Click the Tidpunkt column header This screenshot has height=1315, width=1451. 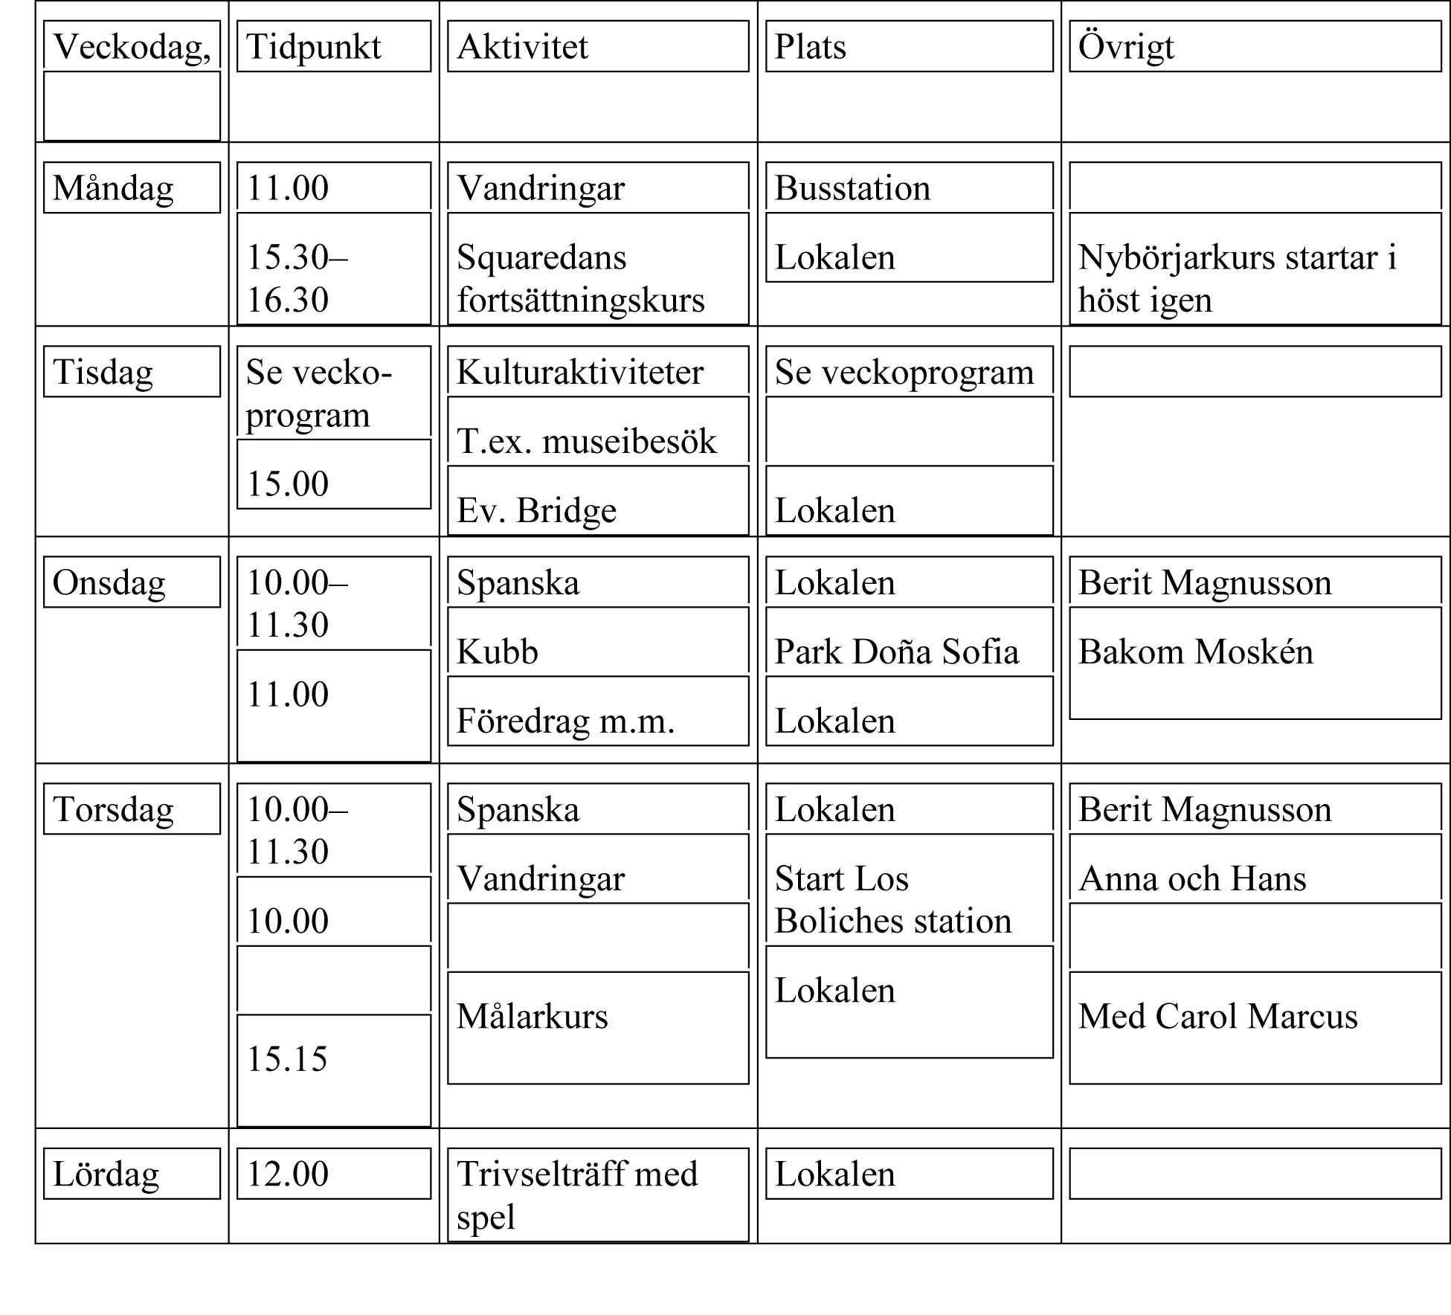[x=313, y=47]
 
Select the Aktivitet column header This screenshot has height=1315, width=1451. [x=522, y=47]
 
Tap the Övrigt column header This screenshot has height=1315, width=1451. [x=1125, y=47]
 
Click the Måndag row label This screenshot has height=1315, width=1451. [x=113, y=188]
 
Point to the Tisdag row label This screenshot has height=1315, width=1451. [x=103, y=372]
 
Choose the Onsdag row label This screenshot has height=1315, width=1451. [x=109, y=582]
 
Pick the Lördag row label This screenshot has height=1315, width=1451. [x=106, y=1174]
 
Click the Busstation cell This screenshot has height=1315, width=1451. [x=852, y=188]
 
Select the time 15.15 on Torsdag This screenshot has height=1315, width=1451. [x=287, y=1058]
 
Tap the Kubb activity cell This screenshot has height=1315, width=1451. [x=497, y=652]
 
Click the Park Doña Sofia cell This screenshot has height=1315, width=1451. [x=896, y=652]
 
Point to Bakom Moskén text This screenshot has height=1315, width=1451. [x=1195, y=652]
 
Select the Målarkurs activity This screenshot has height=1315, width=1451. [x=532, y=1016]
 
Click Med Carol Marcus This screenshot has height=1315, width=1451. [x=1217, y=1016]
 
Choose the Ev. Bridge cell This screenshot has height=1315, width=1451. [x=536, y=510]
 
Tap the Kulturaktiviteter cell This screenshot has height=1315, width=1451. [x=579, y=372]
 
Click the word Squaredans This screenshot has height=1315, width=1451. [x=541, y=257]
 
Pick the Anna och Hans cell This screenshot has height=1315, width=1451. [x=1192, y=878]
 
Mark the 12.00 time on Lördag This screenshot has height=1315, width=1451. [x=287, y=1174]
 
